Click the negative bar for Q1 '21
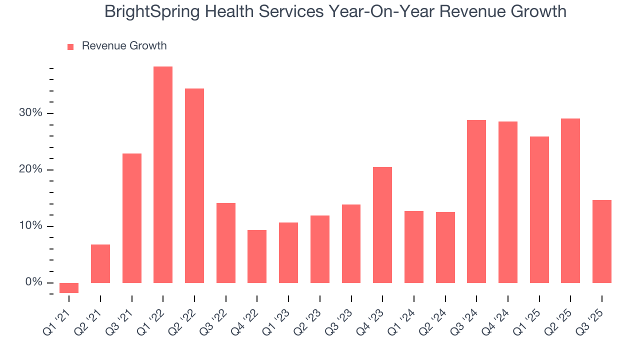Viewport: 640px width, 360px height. point(69,288)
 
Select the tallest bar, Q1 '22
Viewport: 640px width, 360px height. point(163,175)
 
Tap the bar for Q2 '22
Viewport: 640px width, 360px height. point(194,186)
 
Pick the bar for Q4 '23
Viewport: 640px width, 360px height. point(382,225)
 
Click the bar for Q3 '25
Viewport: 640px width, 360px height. point(602,241)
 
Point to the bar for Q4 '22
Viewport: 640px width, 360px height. point(257,256)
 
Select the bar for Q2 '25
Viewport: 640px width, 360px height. point(570,200)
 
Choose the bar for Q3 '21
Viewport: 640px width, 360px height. point(132,218)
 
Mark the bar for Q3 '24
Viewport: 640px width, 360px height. point(476,201)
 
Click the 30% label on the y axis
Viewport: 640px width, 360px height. point(31,113)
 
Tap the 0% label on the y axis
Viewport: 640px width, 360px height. point(34,282)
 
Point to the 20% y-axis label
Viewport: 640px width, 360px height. point(31,169)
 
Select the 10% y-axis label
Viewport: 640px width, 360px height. point(31,226)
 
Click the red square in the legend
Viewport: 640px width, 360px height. point(70,46)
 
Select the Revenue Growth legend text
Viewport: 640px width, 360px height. point(124,46)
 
